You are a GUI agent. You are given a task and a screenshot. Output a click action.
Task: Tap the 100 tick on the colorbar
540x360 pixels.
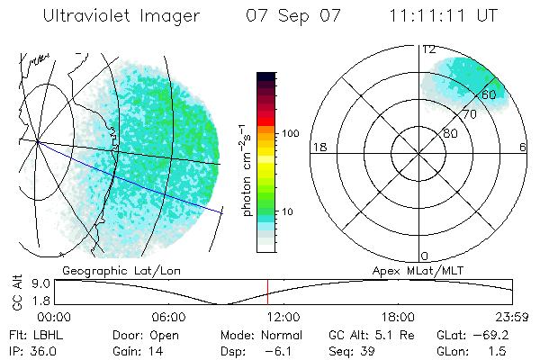(291, 133)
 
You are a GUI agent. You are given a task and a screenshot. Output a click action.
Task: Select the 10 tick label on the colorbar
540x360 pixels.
(288, 212)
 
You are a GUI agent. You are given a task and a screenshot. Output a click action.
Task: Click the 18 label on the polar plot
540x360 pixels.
(318, 147)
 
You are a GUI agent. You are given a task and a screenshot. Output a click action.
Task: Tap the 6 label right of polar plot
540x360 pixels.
(523, 147)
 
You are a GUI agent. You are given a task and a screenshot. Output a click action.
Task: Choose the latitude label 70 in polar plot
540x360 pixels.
(469, 115)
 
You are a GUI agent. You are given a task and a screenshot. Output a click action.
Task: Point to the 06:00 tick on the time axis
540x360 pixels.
(167, 317)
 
